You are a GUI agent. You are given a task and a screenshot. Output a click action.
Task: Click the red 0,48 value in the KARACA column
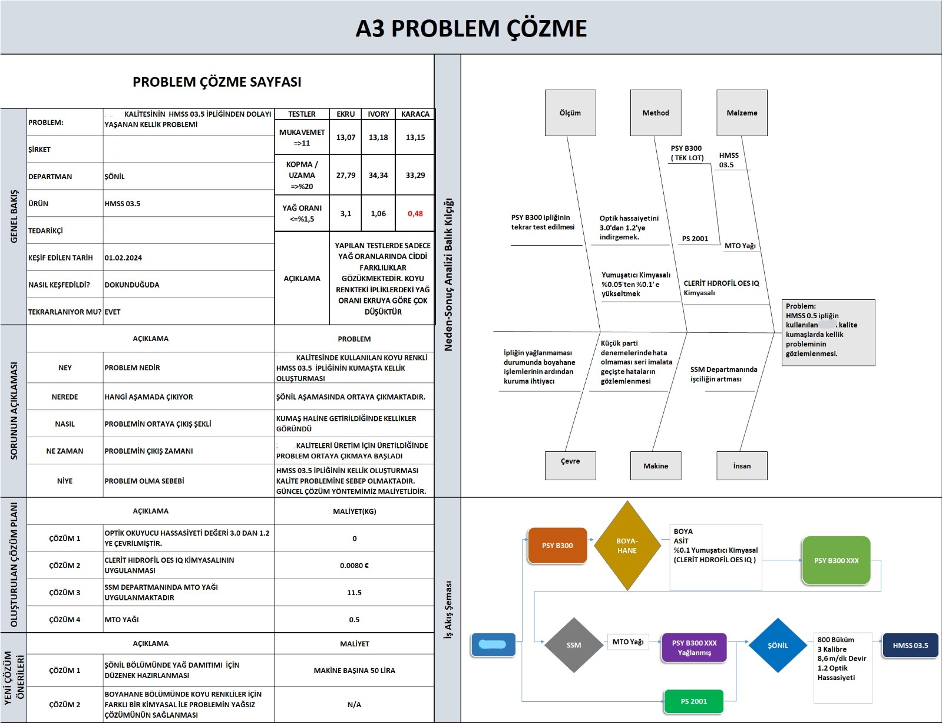pos(415,213)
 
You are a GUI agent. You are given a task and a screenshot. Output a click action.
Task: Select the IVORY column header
pos(378,114)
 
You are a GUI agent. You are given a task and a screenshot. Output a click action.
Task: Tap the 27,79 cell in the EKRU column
pos(346,175)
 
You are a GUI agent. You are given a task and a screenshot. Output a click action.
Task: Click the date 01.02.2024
pos(123,257)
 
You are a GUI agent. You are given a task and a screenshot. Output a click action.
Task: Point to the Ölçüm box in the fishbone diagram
pos(570,113)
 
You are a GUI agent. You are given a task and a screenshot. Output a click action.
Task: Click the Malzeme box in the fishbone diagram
pos(742,113)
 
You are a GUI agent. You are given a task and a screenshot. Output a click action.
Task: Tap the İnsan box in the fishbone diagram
pos(742,466)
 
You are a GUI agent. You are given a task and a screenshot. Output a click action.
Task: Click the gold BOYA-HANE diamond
pos(627,546)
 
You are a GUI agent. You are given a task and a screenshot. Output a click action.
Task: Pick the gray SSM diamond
pos(573,645)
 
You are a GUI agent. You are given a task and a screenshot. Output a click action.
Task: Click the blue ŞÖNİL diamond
pos(778,645)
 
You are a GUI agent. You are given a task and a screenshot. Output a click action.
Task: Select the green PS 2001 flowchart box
pos(693,701)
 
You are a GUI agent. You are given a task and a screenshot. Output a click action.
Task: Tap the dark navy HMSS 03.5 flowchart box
pos(910,645)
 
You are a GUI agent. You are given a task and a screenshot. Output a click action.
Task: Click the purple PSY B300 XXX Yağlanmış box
pos(694,648)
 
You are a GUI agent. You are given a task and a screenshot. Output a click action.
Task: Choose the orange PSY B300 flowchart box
pos(557,545)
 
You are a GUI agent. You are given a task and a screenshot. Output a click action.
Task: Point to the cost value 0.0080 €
pos(354,565)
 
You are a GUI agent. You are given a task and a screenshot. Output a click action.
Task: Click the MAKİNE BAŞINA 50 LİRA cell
pos(354,670)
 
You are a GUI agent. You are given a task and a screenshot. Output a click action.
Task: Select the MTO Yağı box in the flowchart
pos(627,642)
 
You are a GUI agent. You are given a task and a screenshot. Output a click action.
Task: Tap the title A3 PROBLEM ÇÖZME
pos(471,28)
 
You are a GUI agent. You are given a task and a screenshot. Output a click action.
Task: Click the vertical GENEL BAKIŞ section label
pos(14,216)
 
